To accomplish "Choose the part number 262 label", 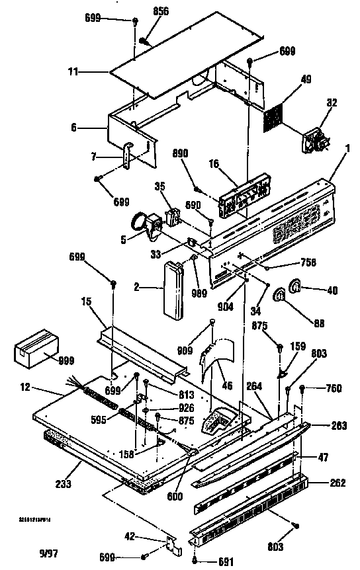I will [x=337, y=483].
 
